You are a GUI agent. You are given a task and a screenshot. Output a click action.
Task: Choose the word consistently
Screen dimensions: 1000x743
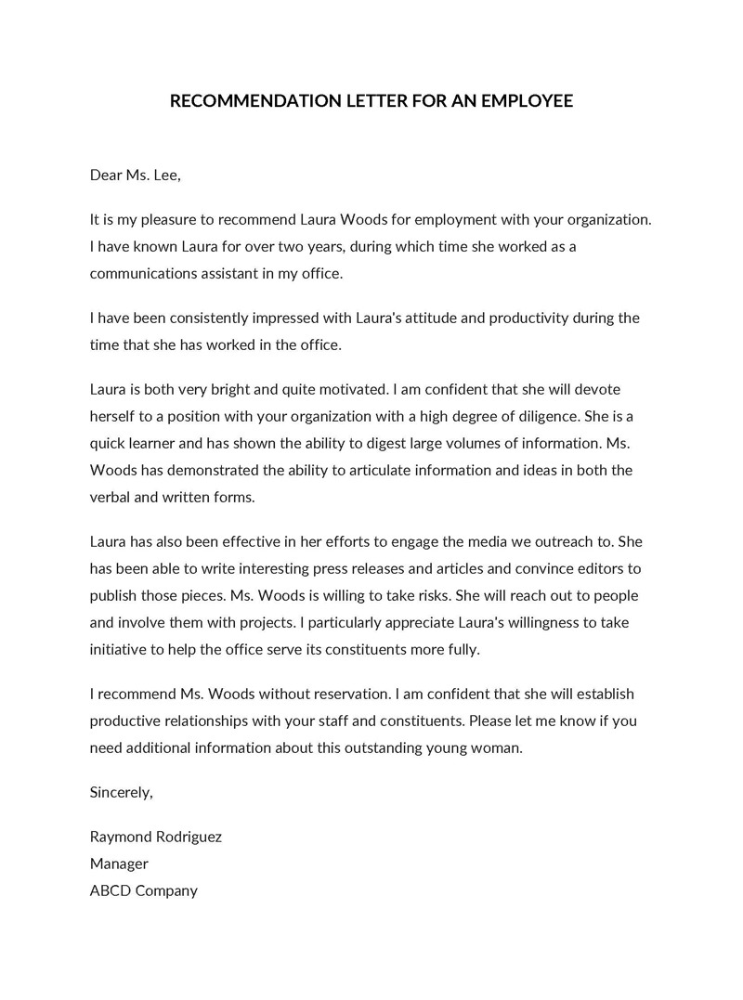coord(208,318)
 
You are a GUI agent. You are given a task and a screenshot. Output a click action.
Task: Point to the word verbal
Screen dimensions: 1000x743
coord(111,496)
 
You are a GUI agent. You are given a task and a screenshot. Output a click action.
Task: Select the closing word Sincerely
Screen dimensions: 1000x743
coord(121,792)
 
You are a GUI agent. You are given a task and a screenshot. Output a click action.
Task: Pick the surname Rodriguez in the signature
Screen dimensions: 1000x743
coord(188,837)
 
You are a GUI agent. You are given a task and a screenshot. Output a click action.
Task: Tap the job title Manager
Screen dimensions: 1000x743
coord(119,864)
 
